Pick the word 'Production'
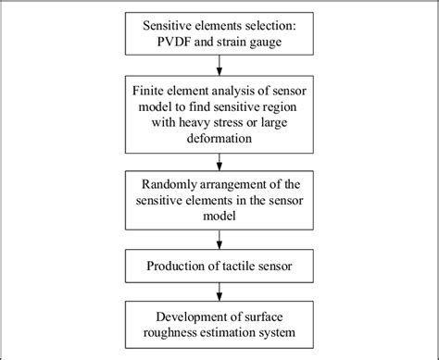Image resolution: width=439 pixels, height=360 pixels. [179, 267]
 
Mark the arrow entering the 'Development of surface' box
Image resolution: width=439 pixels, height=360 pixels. [219, 292]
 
